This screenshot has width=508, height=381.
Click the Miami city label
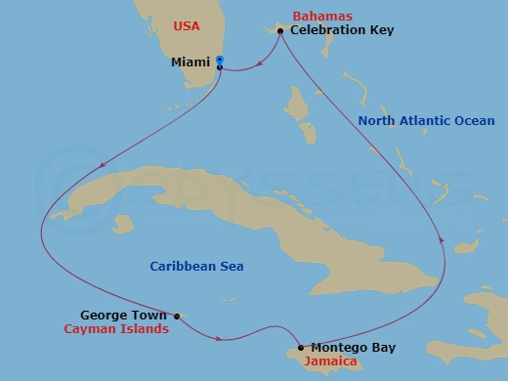pyautogui.click(x=190, y=63)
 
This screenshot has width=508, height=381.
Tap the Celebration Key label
pyautogui.click(x=334, y=31)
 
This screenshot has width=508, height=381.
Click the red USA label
pyautogui.click(x=187, y=25)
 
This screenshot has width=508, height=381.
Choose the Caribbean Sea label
pyautogui.click(x=196, y=266)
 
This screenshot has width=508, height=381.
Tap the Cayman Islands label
pyautogui.click(x=116, y=330)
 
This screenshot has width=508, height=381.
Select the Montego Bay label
pyautogui.click(x=353, y=348)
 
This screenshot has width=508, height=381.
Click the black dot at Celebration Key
pyautogui.click(x=280, y=32)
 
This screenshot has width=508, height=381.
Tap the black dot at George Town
pyautogui.click(x=177, y=316)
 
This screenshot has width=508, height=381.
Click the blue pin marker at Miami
pyautogui.click(x=220, y=62)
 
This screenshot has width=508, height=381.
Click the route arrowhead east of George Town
pyautogui.click(x=224, y=339)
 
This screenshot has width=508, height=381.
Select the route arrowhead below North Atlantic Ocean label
pyautogui.click(x=444, y=237)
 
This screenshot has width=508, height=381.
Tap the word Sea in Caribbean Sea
pyautogui.click(x=232, y=266)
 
